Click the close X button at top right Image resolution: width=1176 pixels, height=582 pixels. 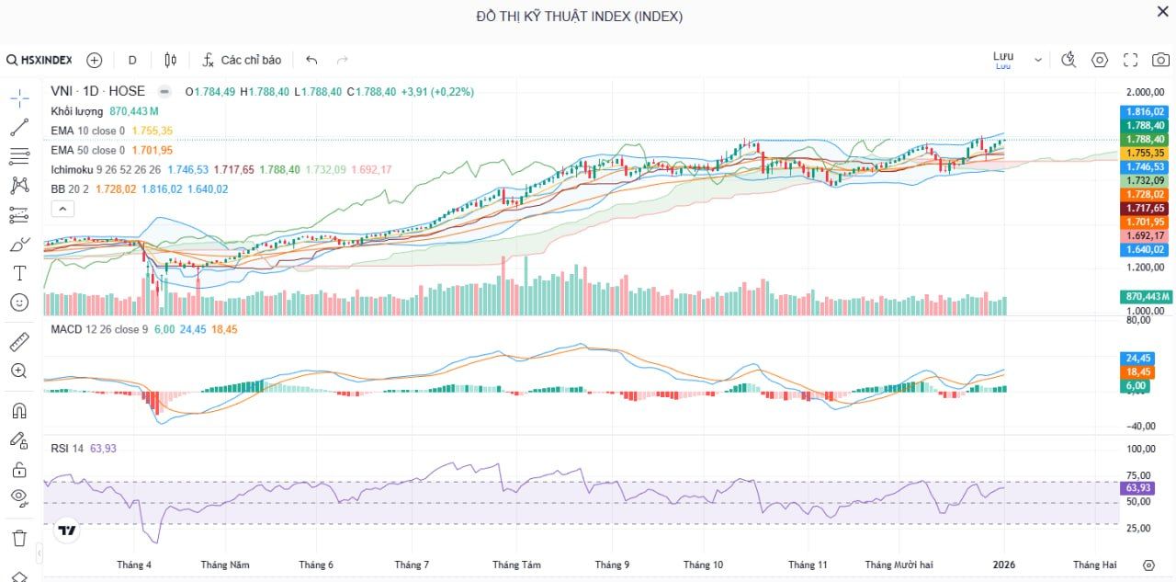pos(1162,11)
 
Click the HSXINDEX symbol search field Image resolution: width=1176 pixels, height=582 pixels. pos(40,60)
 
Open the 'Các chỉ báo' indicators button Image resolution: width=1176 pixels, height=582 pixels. pos(242,60)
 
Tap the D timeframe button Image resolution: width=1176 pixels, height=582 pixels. pos(132,60)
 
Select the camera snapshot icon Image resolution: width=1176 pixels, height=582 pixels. pos(1161,60)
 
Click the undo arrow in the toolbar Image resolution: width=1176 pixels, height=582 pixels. pos(311,60)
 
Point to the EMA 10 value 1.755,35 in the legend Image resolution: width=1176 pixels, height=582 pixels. pos(153,131)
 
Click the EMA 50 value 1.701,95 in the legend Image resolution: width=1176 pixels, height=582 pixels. pos(153,150)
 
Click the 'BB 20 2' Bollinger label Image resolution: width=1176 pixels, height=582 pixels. pos(71,188)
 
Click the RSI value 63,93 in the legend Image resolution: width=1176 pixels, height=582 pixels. pos(103,448)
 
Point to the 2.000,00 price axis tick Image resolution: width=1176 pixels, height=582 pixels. pos(1145,93)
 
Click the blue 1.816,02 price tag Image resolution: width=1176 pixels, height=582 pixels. pos(1145,111)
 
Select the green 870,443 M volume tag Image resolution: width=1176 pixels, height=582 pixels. pos(1146,296)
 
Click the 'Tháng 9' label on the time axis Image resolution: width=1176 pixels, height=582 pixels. pos(612,565)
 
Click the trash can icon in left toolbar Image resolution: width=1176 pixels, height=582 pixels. pos(19,538)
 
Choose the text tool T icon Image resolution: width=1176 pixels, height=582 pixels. pos(19,273)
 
